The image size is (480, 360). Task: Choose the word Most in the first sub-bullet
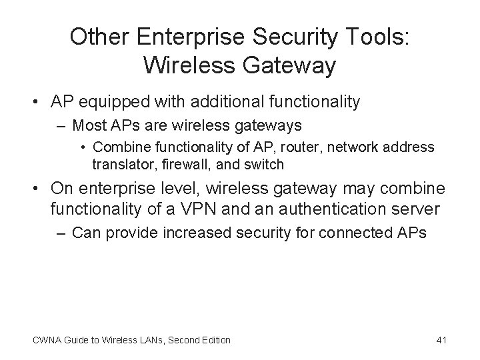87,125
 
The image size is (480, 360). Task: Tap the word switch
265,163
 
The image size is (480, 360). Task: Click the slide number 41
441,340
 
